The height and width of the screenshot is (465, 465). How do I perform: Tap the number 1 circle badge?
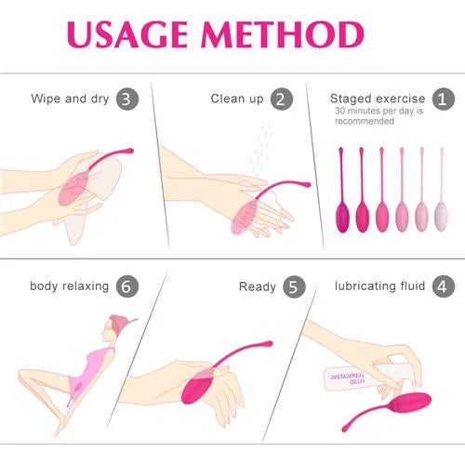444,99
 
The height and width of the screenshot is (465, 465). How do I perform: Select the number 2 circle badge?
282,99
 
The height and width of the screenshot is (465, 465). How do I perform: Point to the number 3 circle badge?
129,99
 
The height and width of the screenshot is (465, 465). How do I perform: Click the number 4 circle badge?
444,286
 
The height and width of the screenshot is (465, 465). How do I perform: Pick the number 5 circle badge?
294,286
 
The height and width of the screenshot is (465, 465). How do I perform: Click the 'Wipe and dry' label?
71,99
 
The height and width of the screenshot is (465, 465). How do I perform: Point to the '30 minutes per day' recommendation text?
378,115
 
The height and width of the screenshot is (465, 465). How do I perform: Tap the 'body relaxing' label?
69,286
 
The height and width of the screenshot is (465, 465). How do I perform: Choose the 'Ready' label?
257,286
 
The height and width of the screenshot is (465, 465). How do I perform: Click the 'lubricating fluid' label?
379,286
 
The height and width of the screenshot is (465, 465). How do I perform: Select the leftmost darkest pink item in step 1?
340,214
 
